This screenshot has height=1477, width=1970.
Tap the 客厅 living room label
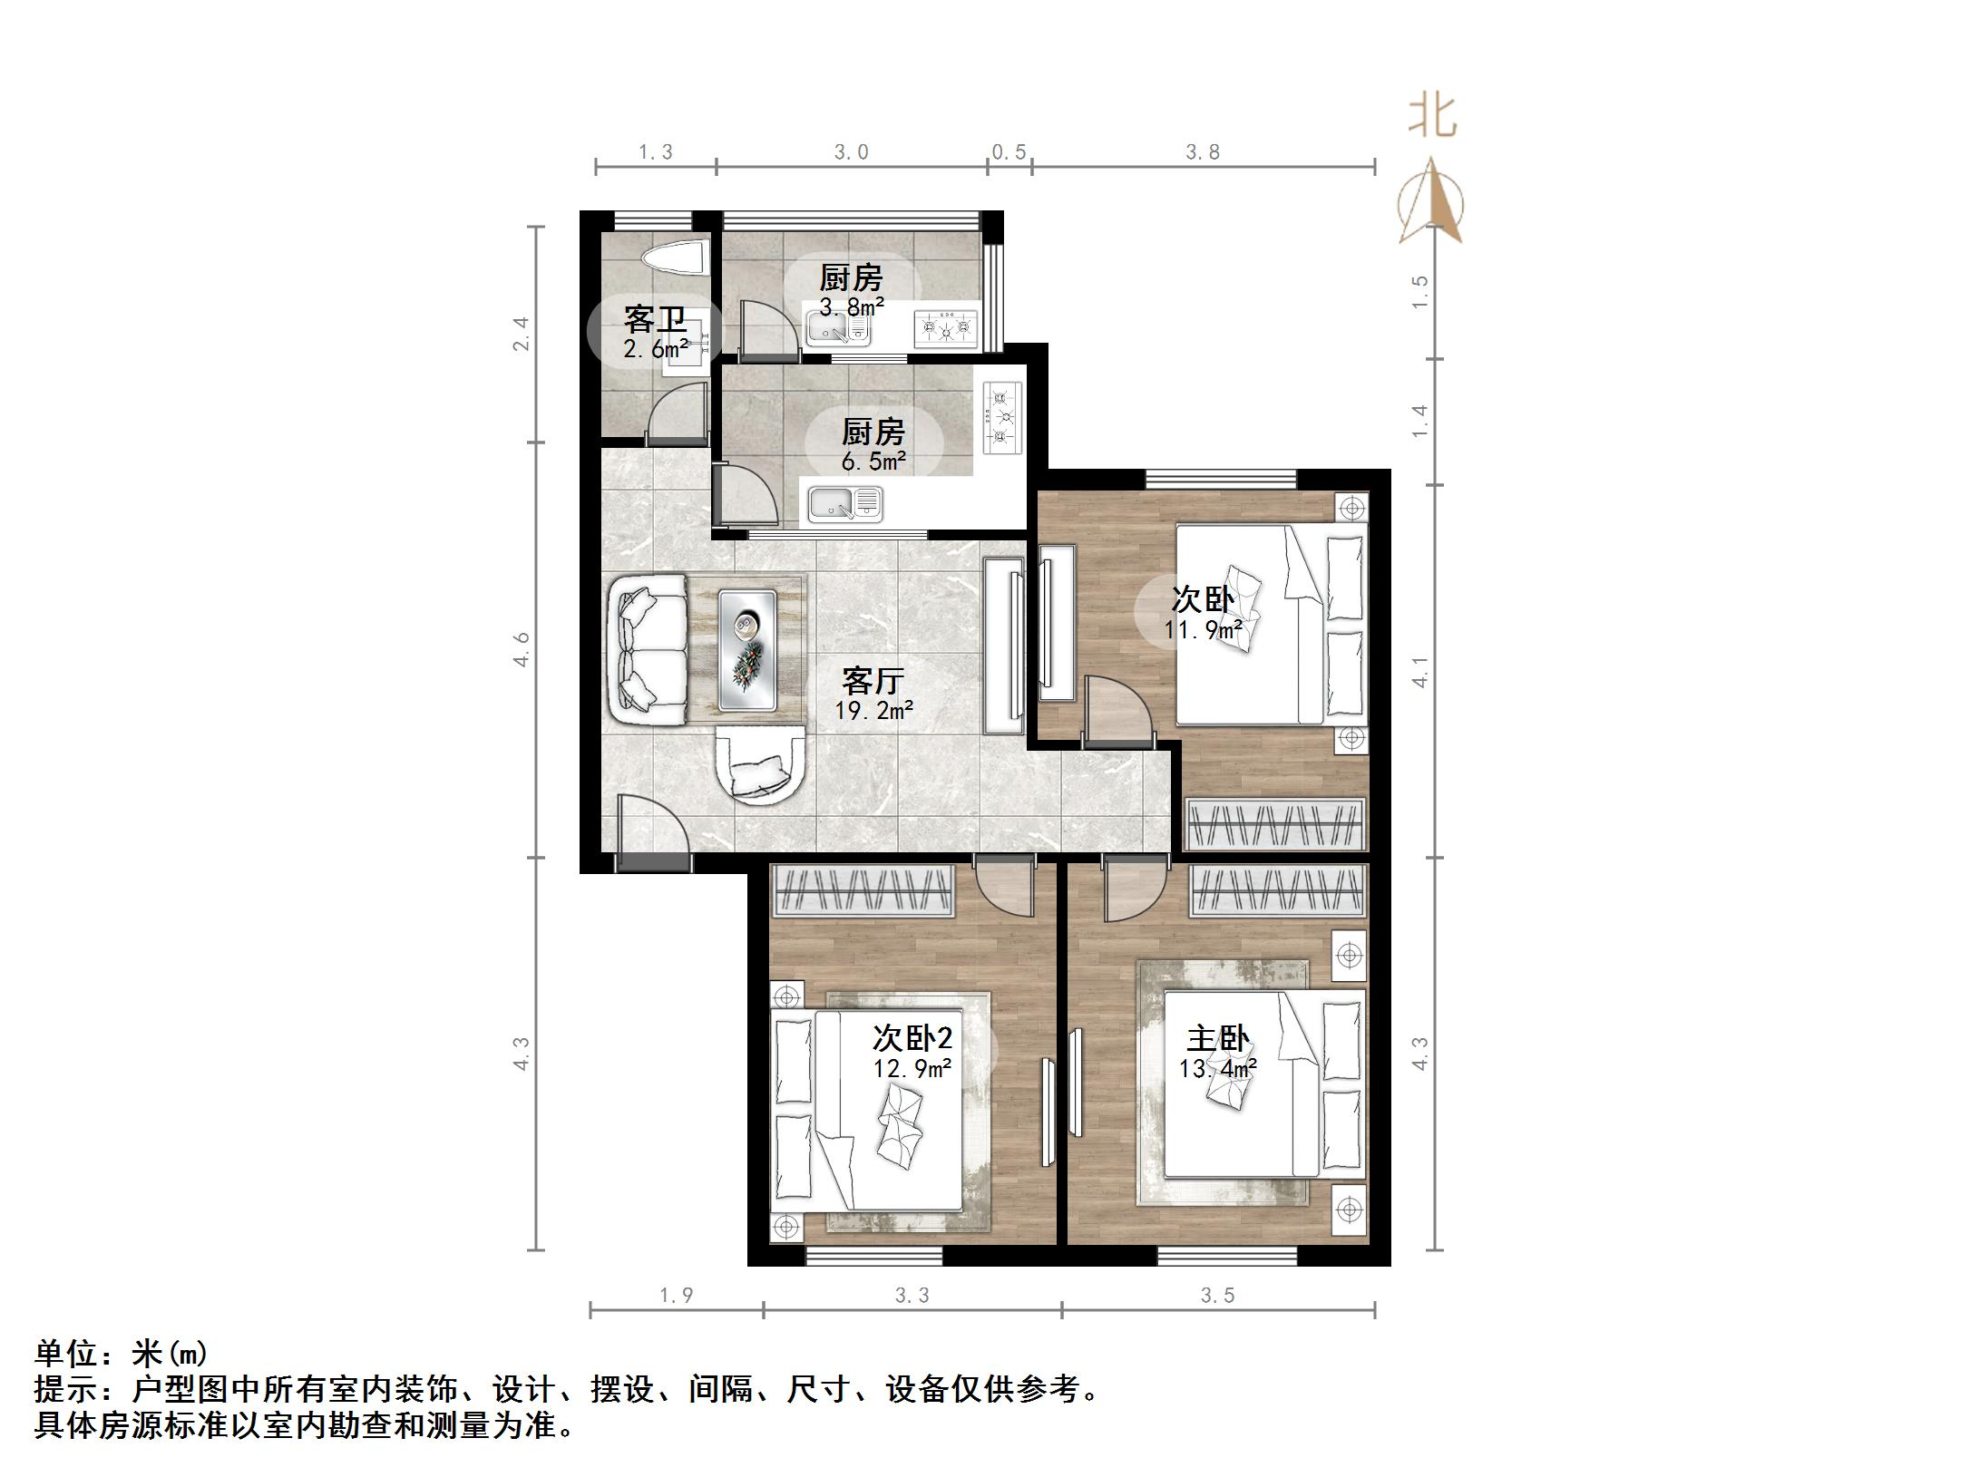[x=873, y=680]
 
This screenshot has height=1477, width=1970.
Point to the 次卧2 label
[x=912, y=1039]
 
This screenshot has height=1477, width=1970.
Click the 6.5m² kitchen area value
[x=873, y=462]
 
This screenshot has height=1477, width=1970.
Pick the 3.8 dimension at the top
[x=1203, y=152]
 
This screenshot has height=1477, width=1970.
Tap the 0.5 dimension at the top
[x=1009, y=152]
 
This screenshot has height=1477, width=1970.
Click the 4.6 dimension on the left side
[x=521, y=649]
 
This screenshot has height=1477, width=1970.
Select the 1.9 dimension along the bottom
[x=676, y=1296]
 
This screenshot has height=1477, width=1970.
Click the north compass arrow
[x=1430, y=201]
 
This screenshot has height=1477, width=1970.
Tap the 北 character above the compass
[x=1433, y=117]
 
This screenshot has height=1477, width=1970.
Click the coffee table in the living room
[x=747, y=650]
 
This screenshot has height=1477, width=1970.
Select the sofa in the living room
[x=649, y=650]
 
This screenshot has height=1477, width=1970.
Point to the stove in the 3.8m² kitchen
[x=947, y=328]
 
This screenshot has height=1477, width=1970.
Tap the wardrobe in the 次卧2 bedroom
[x=862, y=891]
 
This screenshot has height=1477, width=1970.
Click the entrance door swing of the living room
[x=649, y=824]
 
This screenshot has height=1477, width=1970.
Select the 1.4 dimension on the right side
[x=1420, y=422]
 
